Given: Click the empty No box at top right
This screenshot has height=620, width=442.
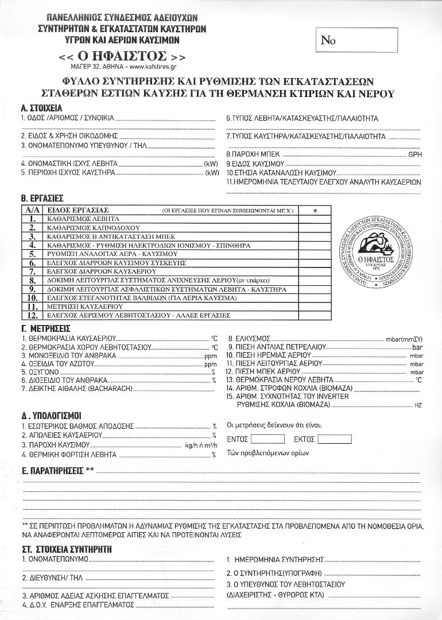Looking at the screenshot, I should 356,40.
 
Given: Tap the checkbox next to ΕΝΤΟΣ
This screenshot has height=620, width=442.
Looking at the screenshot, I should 267,439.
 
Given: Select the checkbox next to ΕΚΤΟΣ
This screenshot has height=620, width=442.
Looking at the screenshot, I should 334,439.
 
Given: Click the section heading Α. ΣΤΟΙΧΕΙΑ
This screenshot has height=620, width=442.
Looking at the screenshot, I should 41,108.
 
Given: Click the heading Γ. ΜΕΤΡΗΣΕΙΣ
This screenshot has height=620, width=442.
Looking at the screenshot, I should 45,328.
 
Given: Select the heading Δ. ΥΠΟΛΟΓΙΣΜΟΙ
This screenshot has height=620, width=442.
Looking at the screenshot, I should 51,414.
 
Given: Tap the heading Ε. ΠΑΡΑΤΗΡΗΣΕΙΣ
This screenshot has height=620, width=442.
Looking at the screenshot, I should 57,471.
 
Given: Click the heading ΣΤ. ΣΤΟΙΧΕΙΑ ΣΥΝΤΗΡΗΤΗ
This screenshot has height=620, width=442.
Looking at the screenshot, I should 66,549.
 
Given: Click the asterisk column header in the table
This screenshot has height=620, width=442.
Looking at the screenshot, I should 315,211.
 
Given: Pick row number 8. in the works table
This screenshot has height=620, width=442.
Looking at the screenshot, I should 33,280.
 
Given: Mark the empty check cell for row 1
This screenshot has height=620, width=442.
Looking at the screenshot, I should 315,219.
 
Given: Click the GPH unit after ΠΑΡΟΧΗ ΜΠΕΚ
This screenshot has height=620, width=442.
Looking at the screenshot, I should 414,154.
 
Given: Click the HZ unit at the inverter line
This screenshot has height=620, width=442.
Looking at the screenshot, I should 417,406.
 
